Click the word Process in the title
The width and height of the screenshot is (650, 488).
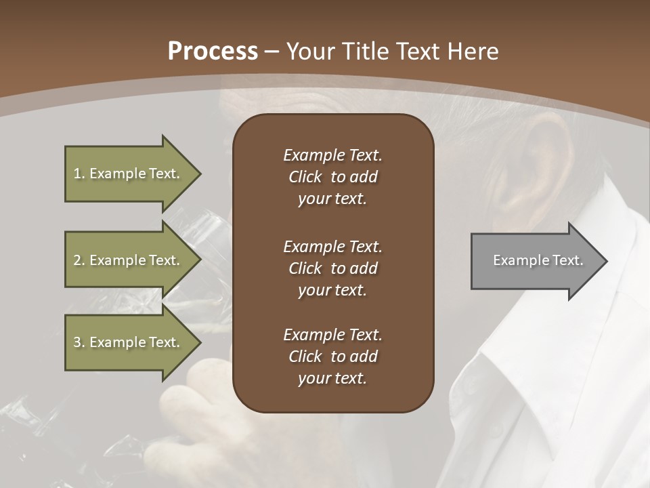tap(213, 52)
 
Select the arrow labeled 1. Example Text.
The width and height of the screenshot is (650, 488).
tap(129, 174)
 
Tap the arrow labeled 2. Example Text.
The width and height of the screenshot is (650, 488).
tap(129, 260)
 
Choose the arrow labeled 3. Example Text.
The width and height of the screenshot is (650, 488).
tap(129, 342)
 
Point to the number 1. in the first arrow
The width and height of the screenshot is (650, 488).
tap(79, 174)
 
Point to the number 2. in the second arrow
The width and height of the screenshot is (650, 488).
tap(79, 260)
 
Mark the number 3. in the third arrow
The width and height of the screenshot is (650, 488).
tap(79, 342)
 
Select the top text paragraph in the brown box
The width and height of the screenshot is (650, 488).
tap(332, 177)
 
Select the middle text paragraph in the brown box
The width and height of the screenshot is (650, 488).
tap(332, 268)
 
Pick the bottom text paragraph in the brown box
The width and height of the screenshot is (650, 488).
tap(332, 357)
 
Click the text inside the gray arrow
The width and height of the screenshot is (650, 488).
tap(538, 260)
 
